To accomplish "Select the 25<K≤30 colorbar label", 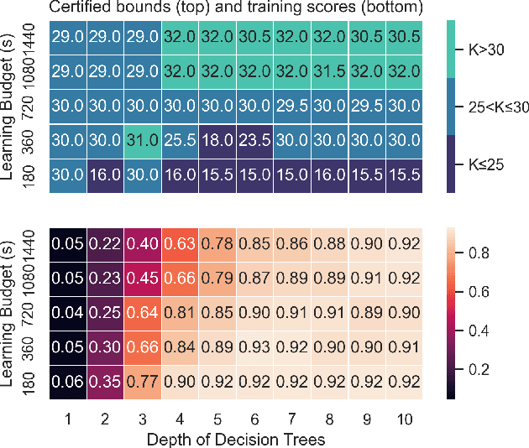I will coord(498,107).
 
